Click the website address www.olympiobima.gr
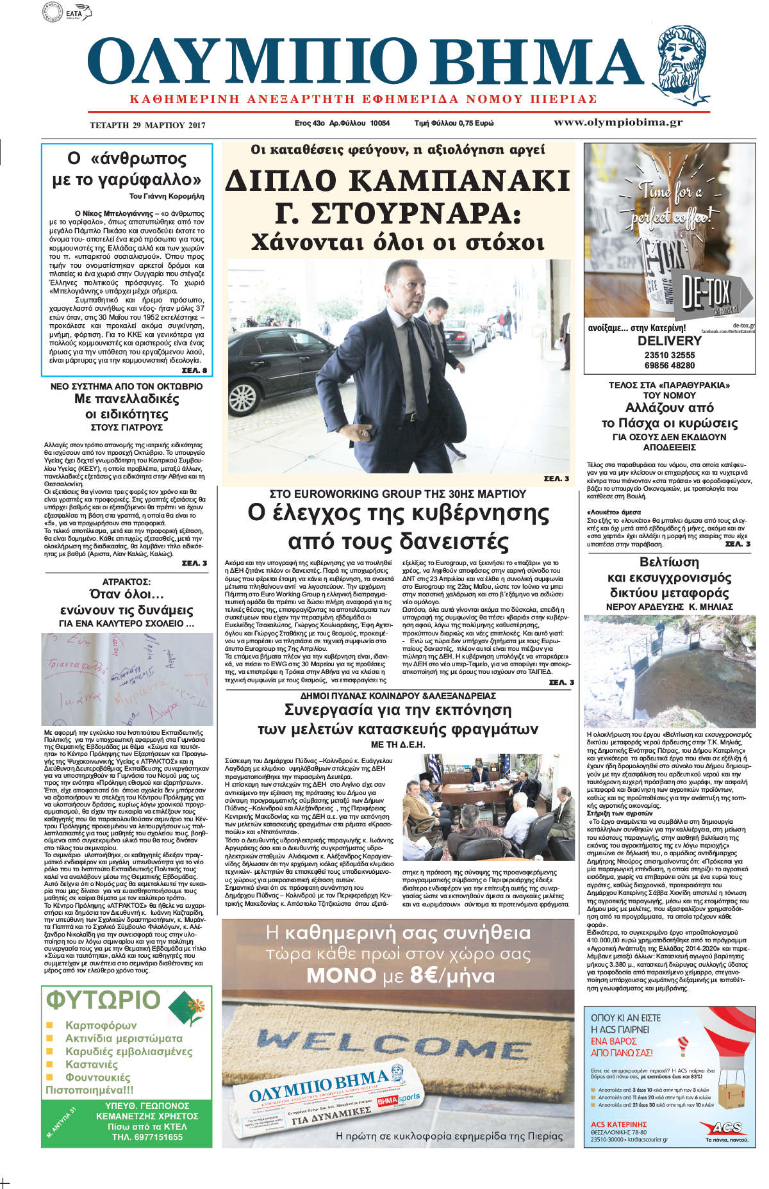[x=618, y=122]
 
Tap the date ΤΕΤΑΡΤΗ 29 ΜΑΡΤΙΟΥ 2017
[x=147, y=125]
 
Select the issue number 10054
[x=379, y=123]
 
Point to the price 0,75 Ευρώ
[x=474, y=123]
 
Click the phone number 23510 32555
[x=669, y=355]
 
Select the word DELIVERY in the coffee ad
[x=669, y=341]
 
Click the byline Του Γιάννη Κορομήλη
[x=167, y=196]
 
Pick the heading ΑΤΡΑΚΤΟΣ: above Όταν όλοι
[x=126, y=582]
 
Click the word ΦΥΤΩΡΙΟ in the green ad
[x=103, y=1000]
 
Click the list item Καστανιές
[x=92, y=1064]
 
